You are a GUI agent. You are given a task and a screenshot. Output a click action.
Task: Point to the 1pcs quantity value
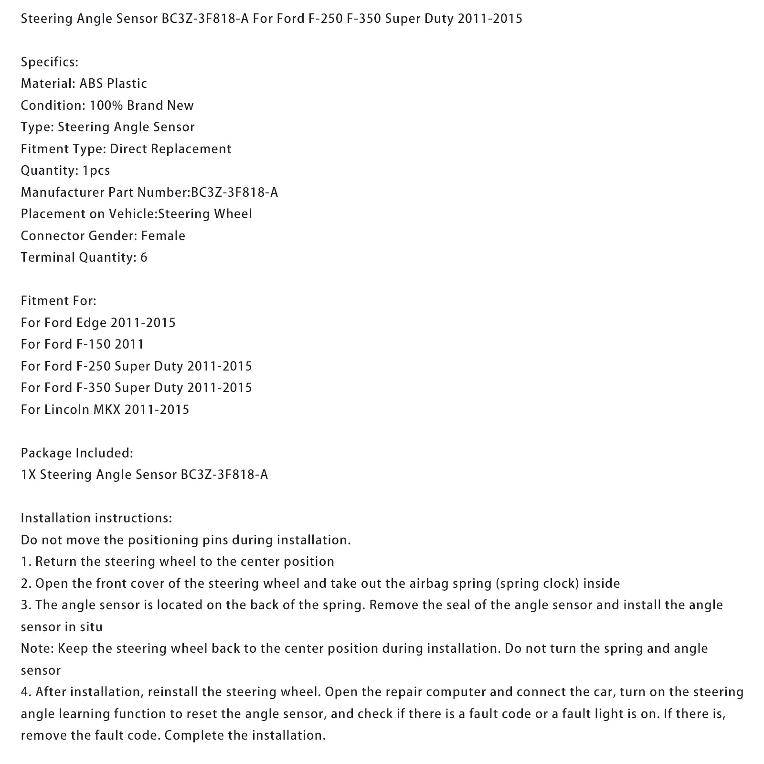click(x=96, y=170)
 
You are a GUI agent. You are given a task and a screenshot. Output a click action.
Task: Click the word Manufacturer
click(x=63, y=192)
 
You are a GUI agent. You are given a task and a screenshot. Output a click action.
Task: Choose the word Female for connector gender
click(x=163, y=236)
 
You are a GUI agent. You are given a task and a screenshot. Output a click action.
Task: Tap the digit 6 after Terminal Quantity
click(x=144, y=258)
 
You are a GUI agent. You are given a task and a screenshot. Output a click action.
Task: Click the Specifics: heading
click(x=50, y=62)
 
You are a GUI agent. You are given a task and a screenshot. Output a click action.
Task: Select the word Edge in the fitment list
click(x=91, y=323)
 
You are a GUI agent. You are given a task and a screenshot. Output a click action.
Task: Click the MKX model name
click(x=108, y=410)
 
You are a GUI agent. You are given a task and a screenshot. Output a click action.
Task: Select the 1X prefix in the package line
click(x=28, y=475)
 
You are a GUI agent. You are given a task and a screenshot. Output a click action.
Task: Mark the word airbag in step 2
click(x=428, y=584)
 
